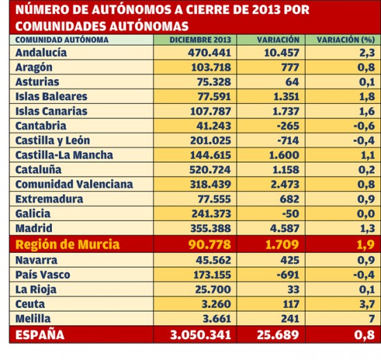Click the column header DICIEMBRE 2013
(200, 40)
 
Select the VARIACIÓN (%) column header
(346, 40)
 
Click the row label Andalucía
(41, 53)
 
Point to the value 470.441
(209, 53)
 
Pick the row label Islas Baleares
(51, 96)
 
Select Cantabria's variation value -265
(288, 126)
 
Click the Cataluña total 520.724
(210, 170)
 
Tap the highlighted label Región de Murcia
(68, 244)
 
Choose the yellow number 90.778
(209, 244)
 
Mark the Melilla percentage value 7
(371, 318)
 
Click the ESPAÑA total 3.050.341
(200, 335)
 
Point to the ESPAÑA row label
(40, 335)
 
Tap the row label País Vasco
(43, 275)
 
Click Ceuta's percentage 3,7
(367, 304)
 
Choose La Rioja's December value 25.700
(213, 289)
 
